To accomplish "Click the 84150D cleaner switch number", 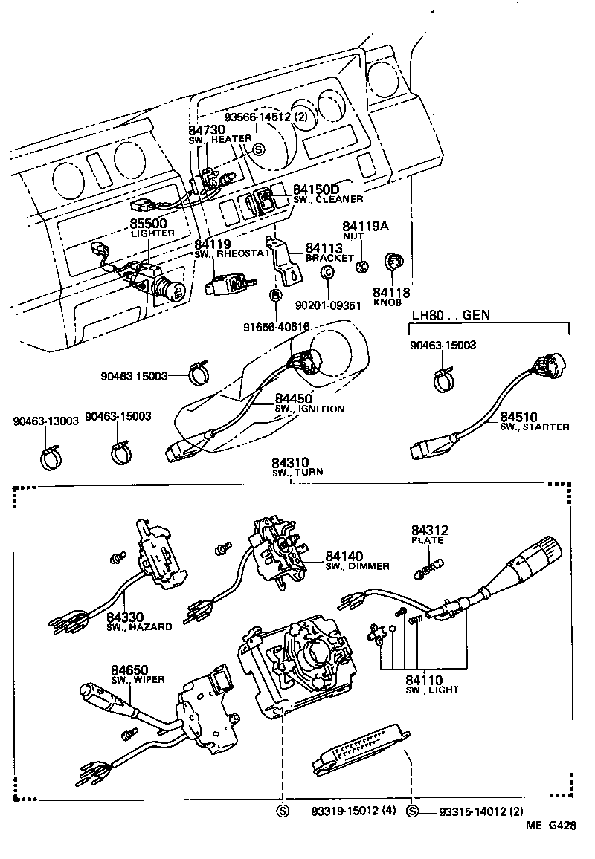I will pos(316,189).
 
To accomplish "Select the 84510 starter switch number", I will pos(518,416).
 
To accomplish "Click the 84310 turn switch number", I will pos(291,463).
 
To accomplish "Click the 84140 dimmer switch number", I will pos(344,557).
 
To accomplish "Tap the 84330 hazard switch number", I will pos(125,617).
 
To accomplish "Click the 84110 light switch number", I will pos(424,680).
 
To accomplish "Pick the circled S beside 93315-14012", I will pos(411,811).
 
